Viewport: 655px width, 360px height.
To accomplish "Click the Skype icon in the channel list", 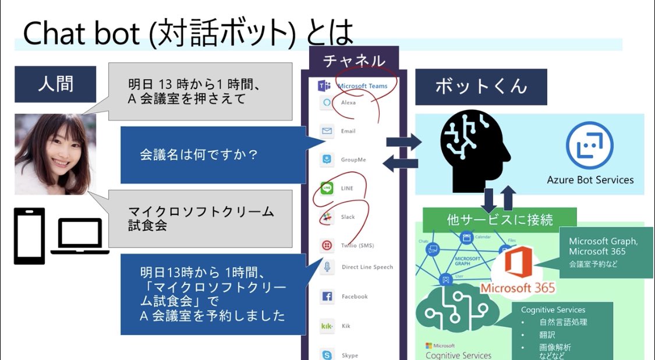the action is point(327,355).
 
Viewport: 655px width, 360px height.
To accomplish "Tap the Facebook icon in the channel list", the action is point(327,297).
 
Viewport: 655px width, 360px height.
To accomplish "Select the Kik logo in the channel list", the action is point(327,326).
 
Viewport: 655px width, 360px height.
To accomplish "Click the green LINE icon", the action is point(327,188).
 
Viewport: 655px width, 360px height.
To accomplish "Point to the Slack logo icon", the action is point(327,217).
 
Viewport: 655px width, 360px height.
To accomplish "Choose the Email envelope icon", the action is point(327,131).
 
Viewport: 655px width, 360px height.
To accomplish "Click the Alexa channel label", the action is point(348,103).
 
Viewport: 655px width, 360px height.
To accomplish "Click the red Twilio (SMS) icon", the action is point(327,245).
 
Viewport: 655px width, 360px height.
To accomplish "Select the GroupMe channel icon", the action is point(327,159).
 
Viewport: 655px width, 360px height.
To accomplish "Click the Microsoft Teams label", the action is point(362,86).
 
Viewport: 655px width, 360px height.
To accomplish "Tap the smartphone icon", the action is point(29,236).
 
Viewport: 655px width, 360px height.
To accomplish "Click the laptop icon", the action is point(80,236).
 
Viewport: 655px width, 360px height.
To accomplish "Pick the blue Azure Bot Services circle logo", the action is point(589,146).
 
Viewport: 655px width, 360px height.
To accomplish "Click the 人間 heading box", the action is point(55,84).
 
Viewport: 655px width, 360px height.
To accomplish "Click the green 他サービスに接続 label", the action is point(500,220).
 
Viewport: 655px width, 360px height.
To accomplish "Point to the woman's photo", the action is point(55,154).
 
